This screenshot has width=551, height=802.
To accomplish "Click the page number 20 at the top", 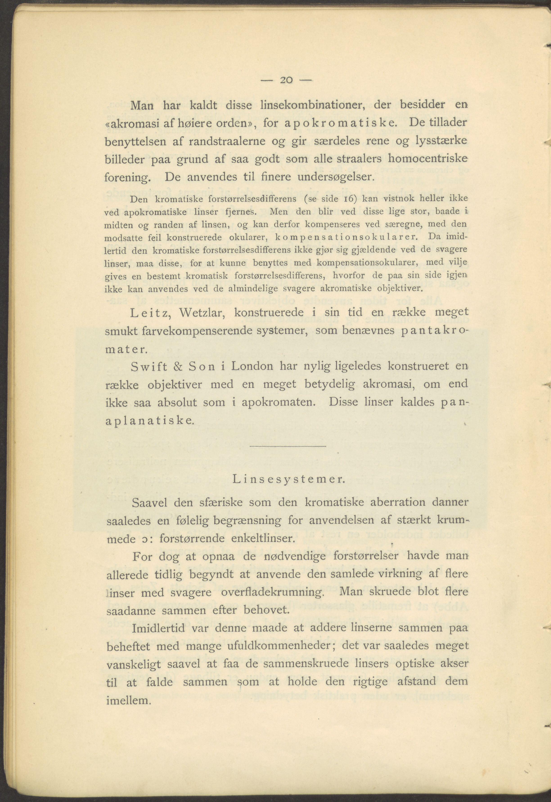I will (x=286, y=80).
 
